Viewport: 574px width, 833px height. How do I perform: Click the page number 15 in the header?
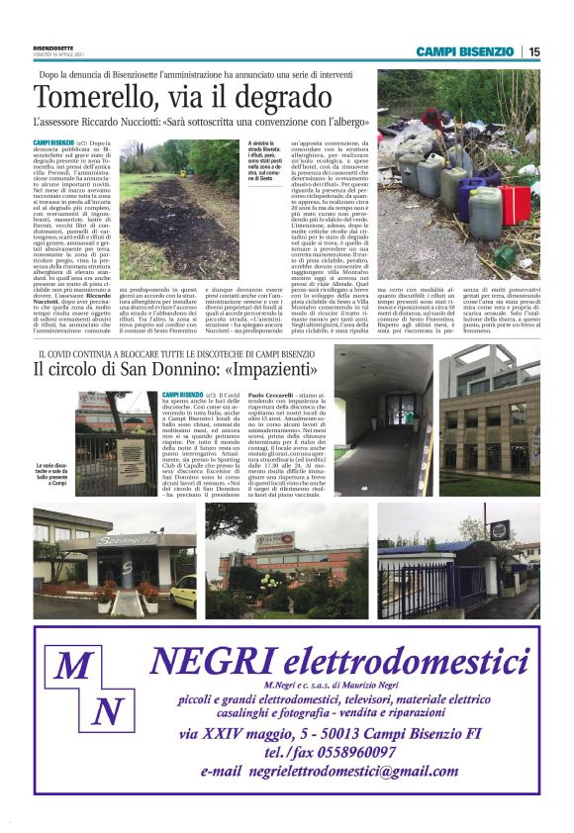point(534,51)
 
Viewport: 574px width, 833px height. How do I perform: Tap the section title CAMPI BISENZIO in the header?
point(464,51)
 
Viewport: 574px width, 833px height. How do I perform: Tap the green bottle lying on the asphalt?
point(504,255)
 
